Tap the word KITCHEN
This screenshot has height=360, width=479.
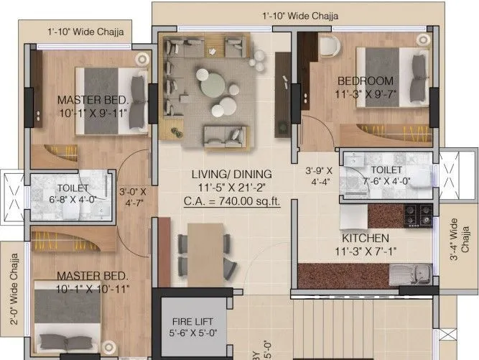click(x=366, y=238)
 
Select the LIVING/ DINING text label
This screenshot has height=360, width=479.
click(x=231, y=174)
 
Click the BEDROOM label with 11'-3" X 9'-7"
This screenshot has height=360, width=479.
click(x=366, y=80)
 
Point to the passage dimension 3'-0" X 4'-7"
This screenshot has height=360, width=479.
click(x=132, y=198)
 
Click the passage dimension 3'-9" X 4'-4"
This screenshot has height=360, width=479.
click(x=318, y=177)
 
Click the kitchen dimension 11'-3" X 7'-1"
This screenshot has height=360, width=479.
click(x=366, y=251)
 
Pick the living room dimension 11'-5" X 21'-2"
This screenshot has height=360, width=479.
click(x=231, y=187)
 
